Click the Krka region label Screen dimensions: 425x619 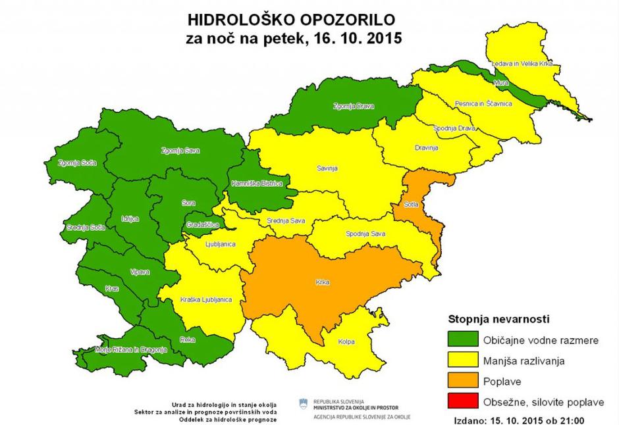(x=322, y=284)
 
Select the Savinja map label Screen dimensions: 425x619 (x=327, y=168)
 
